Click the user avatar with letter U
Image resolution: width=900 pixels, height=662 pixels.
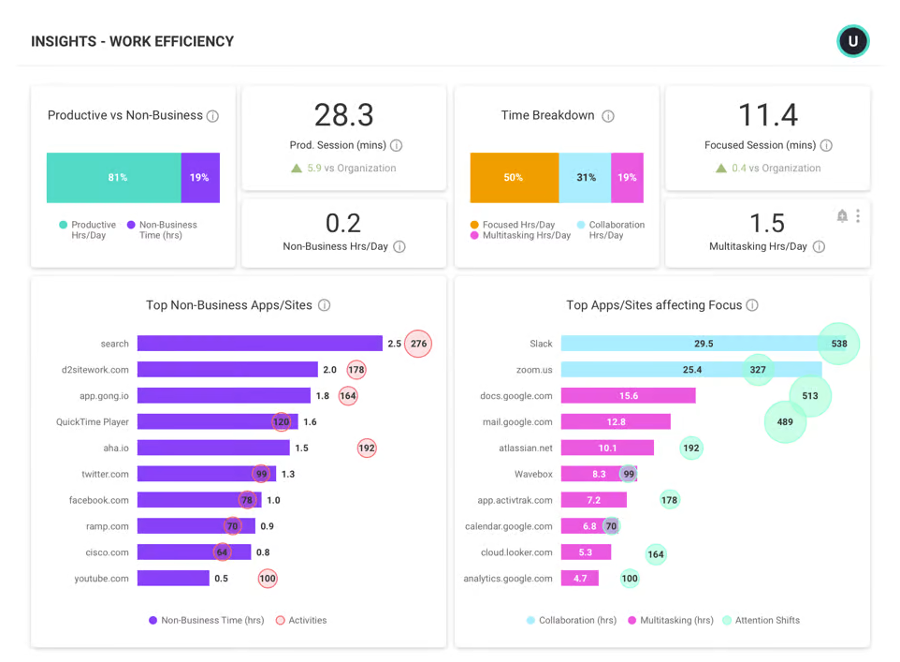pyautogui.click(x=852, y=41)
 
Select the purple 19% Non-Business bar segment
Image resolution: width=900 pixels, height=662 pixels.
pyautogui.click(x=200, y=178)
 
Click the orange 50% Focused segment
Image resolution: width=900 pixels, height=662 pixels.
pyautogui.click(x=514, y=178)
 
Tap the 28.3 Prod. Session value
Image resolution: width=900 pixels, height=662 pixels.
pyautogui.click(x=343, y=115)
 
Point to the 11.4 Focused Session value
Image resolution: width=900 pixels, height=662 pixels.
pyautogui.click(x=767, y=115)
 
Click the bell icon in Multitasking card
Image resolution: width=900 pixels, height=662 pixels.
pyautogui.click(x=842, y=216)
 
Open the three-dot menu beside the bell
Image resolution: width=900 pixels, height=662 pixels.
pyautogui.click(x=858, y=216)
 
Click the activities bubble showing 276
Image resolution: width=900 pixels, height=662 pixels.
pyautogui.click(x=418, y=344)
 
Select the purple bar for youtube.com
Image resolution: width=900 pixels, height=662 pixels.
pyautogui.click(x=173, y=579)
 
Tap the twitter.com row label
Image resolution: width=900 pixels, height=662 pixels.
pyautogui.click(x=106, y=474)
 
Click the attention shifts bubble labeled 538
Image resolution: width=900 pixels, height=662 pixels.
pyautogui.click(x=838, y=344)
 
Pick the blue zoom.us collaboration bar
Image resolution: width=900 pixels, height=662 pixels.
pyautogui.click(x=655, y=370)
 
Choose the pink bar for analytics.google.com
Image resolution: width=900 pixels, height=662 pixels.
pyautogui.click(x=579, y=579)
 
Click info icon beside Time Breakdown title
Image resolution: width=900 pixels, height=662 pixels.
pyautogui.click(x=608, y=116)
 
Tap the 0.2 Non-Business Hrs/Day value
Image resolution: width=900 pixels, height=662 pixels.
pyautogui.click(x=343, y=223)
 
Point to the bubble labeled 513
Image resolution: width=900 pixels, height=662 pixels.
pyautogui.click(x=810, y=396)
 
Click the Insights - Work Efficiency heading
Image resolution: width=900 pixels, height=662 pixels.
pyautogui.click(x=132, y=41)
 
